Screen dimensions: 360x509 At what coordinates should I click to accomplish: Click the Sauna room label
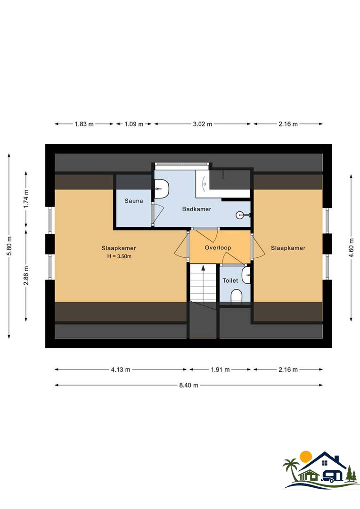click(134, 201)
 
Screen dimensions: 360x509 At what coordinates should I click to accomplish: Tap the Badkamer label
click(196, 209)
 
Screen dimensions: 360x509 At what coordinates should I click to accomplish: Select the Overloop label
click(218, 248)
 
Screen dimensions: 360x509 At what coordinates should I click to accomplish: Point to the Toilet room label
click(230, 280)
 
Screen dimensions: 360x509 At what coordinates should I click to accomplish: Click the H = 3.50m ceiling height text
click(119, 256)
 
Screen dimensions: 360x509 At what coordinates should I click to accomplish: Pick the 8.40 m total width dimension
click(188, 386)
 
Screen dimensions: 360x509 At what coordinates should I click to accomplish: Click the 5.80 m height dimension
click(9, 246)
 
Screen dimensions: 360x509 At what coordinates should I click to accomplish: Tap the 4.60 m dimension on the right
click(352, 248)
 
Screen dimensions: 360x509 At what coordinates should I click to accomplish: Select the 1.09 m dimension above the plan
click(134, 124)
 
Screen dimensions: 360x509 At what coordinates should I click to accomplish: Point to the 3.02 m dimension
click(203, 124)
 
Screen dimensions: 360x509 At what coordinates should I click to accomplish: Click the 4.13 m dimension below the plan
click(121, 369)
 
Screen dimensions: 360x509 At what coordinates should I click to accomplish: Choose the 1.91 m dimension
click(220, 369)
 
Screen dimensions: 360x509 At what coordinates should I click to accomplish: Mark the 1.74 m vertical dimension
click(26, 199)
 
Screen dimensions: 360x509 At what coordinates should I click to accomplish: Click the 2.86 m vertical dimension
click(26, 276)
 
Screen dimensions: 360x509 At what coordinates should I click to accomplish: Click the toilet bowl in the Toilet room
click(237, 296)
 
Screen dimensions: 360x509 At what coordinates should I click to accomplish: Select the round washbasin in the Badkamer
click(239, 215)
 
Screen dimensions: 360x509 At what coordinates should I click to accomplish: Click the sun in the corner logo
click(306, 456)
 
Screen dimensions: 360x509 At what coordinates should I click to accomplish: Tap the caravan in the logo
click(332, 476)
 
